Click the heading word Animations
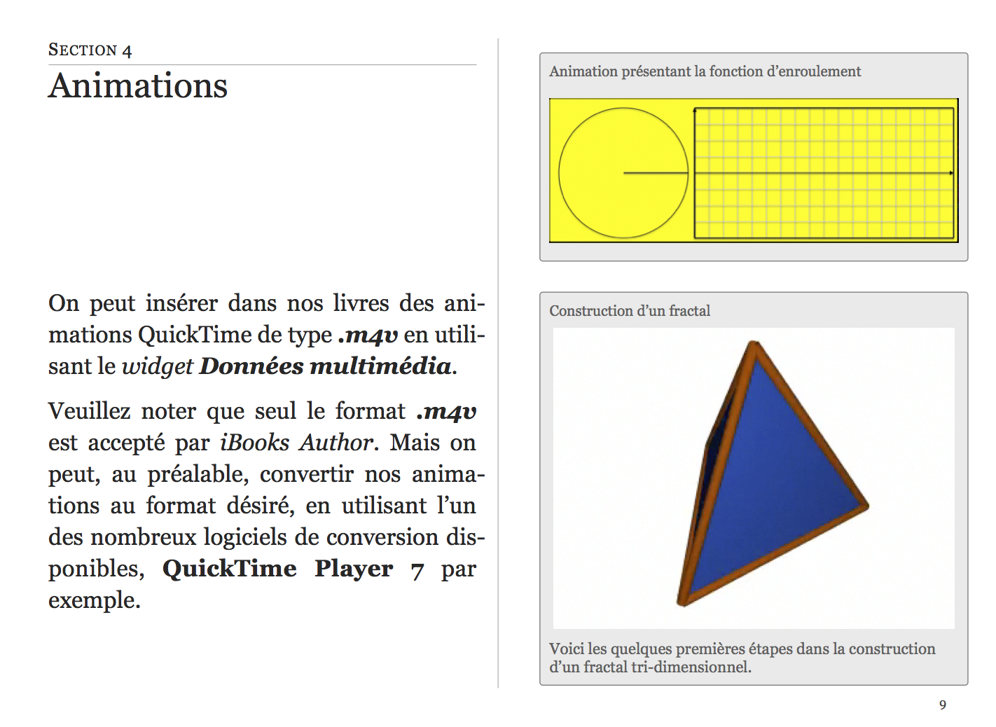click(138, 86)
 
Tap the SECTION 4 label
click(90, 50)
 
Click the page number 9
click(943, 705)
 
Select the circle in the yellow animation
click(623, 172)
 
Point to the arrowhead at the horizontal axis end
click(950, 173)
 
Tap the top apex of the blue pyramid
click(754, 343)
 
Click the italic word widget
click(157, 366)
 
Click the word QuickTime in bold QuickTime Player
click(230, 569)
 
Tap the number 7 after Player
click(417, 570)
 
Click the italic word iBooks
click(254, 443)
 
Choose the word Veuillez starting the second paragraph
click(89, 411)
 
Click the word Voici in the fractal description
click(566, 649)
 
